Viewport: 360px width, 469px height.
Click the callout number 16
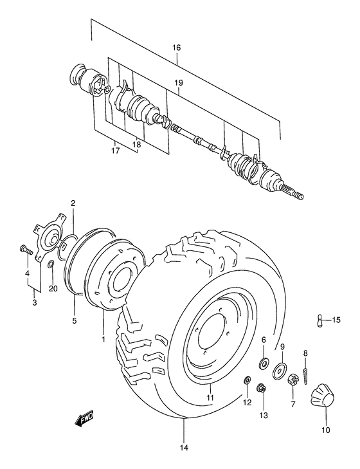click(177, 48)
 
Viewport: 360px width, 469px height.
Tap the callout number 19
click(179, 83)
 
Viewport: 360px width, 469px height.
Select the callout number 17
click(114, 152)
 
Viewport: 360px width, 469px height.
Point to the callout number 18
click(136, 145)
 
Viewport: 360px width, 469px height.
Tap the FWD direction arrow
click(84, 419)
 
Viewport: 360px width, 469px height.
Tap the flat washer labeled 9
click(280, 371)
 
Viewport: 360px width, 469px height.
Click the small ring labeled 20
click(51, 264)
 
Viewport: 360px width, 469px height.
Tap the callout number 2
click(73, 203)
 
